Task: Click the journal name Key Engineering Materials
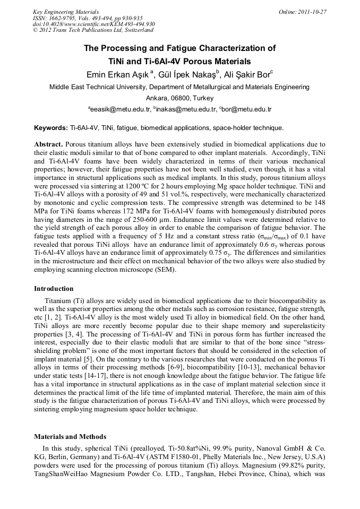pyautogui.click(x=65, y=12)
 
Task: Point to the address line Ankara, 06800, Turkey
pyautogui.click(x=179, y=98)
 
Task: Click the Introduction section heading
pyautogui.click(x=54, y=289)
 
